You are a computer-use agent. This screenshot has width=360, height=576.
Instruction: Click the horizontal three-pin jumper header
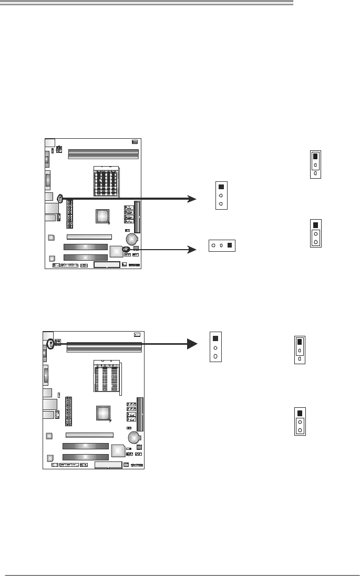[222, 245]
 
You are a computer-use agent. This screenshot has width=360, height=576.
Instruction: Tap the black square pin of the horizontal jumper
[230, 245]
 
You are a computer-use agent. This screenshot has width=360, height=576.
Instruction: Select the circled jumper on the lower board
[50, 344]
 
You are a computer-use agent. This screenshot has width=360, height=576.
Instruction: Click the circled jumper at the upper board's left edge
[60, 199]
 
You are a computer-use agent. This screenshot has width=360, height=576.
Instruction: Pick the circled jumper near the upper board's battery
[126, 249]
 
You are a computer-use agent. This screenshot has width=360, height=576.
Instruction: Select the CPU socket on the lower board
[108, 377]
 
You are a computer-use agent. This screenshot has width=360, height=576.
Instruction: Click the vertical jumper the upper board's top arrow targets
[221, 195]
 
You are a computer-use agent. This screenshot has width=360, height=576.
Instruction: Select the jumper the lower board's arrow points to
[215, 346]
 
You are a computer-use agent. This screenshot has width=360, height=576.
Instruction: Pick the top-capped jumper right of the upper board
[315, 164]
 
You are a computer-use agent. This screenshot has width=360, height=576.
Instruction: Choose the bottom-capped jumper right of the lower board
[300, 421]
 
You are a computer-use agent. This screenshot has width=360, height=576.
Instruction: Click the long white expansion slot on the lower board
[89, 435]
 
